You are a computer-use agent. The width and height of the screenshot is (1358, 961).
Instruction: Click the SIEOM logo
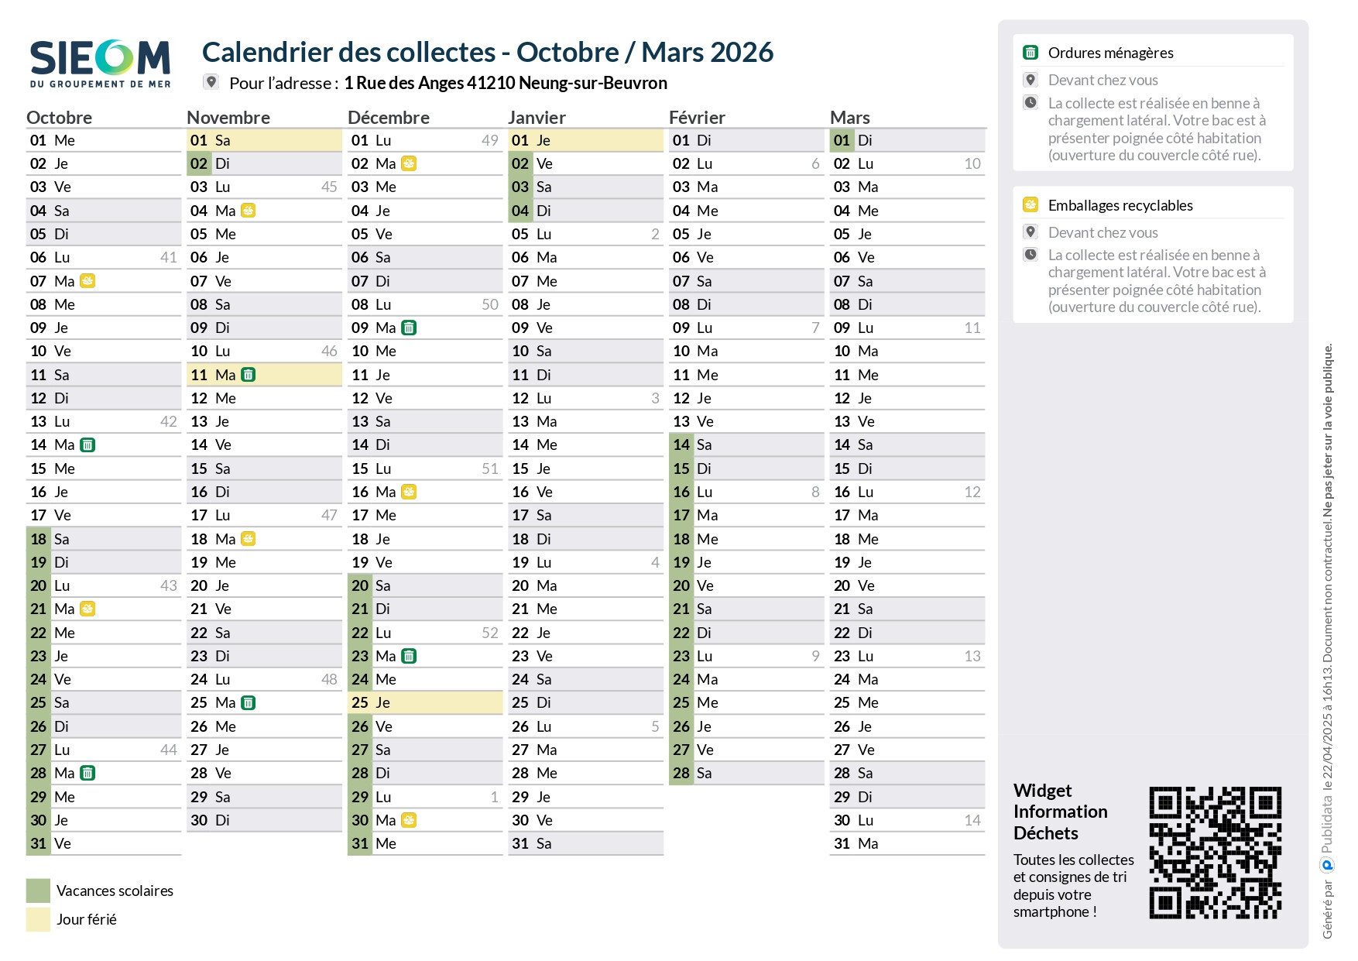(x=100, y=63)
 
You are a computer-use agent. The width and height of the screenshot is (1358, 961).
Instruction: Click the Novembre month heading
(x=228, y=118)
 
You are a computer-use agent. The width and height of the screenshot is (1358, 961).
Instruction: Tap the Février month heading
(x=697, y=118)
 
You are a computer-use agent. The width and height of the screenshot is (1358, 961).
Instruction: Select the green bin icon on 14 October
(x=88, y=445)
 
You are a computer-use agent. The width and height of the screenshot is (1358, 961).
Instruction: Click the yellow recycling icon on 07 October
(x=88, y=281)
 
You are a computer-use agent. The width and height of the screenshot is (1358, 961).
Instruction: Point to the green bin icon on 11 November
(x=249, y=375)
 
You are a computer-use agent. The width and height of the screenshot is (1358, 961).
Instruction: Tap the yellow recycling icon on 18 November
(x=249, y=539)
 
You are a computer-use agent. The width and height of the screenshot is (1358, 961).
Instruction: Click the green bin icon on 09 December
(x=409, y=328)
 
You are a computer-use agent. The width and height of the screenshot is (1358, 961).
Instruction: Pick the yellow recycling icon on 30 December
(x=409, y=820)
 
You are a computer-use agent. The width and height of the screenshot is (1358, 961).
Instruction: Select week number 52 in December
(x=490, y=633)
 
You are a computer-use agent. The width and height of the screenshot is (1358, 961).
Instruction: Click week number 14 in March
(x=972, y=820)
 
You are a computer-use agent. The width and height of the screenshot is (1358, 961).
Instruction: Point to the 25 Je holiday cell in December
(x=425, y=703)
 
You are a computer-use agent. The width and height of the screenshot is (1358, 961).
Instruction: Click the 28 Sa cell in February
(x=746, y=773)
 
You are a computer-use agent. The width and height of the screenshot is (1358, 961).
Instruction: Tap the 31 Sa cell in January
(x=585, y=843)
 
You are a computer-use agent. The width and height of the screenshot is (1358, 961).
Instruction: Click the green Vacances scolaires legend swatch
(x=38, y=891)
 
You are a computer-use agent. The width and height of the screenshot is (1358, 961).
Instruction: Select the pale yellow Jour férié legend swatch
(x=38, y=919)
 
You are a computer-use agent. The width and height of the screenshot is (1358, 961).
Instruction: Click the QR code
(x=1215, y=853)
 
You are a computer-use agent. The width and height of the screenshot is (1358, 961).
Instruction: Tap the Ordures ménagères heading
(x=1110, y=53)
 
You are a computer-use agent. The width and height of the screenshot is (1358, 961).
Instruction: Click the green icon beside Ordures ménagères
(x=1031, y=53)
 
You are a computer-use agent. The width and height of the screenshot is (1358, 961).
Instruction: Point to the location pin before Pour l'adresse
(x=211, y=82)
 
